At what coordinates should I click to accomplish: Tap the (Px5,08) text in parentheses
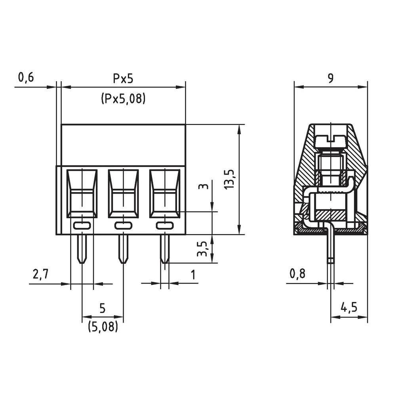pyautogui.click(x=123, y=98)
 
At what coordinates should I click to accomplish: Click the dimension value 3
pyautogui.click(x=203, y=186)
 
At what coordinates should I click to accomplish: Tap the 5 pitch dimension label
pyautogui.click(x=103, y=308)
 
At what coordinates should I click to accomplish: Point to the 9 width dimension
pyautogui.click(x=330, y=78)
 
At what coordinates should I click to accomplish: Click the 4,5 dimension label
pyautogui.click(x=348, y=307)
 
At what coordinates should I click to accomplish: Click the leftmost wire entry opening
pyautogui.click(x=82, y=193)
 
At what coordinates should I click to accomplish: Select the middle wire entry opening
pyautogui.click(x=123, y=193)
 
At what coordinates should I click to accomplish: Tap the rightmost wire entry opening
pyautogui.click(x=164, y=193)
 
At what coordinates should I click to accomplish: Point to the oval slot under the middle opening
pyautogui.click(x=123, y=225)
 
